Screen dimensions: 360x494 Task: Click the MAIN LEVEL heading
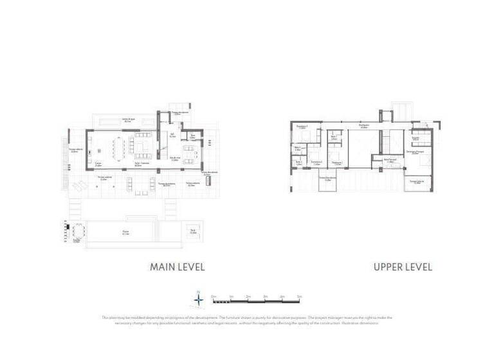click(x=177, y=266)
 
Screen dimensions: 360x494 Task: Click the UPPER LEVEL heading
click(x=403, y=266)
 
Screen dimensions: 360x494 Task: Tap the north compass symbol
click(x=199, y=300)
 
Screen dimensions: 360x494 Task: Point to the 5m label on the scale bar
click(x=299, y=296)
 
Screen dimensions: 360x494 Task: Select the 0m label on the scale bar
click(x=213, y=296)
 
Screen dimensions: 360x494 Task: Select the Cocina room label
click(x=98, y=165)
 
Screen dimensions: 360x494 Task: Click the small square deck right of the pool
click(x=192, y=231)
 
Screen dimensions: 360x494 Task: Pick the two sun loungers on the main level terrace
click(x=78, y=186)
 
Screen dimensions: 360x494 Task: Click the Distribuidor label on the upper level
click(x=363, y=126)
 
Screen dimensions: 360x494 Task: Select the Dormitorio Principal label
click(x=414, y=153)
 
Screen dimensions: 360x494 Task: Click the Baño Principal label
click(x=390, y=161)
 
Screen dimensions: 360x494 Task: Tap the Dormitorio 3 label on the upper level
click(x=302, y=127)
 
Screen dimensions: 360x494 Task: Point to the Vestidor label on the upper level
click(x=416, y=138)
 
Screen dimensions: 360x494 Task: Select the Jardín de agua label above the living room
click(x=128, y=120)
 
